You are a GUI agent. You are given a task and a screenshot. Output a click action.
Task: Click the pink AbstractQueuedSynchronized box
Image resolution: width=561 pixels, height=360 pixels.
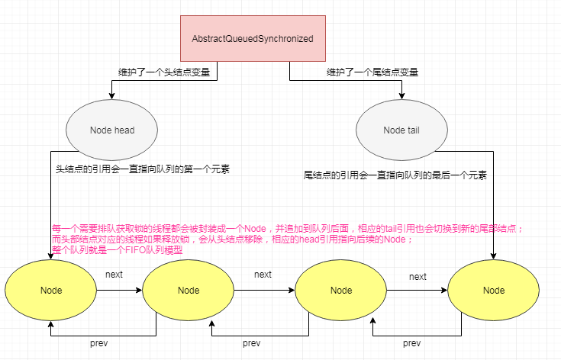point(253,38)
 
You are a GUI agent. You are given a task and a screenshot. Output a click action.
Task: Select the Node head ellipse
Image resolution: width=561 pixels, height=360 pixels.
point(111,130)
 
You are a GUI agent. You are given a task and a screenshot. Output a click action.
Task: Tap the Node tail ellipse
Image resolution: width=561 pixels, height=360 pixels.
point(401,130)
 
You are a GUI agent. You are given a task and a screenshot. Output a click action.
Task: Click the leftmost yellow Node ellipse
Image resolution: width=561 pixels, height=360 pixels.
point(50,291)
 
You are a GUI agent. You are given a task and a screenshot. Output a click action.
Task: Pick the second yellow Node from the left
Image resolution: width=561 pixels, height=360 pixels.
point(188,291)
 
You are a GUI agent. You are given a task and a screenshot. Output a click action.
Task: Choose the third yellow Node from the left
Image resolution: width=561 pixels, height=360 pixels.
point(341,291)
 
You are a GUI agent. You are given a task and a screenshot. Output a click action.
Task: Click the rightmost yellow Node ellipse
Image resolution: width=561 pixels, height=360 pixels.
point(493,291)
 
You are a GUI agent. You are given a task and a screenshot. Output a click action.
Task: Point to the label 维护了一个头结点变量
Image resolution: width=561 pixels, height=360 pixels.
point(163,72)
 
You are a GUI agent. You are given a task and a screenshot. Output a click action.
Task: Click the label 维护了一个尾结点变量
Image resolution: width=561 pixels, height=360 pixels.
point(372,72)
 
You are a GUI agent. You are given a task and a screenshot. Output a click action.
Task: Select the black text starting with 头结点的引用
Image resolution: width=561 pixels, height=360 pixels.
point(143,169)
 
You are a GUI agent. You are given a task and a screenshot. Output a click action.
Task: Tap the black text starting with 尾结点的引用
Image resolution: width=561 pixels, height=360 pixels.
point(395,175)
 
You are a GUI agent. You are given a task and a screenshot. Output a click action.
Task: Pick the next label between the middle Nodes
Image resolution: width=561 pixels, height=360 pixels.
point(263,275)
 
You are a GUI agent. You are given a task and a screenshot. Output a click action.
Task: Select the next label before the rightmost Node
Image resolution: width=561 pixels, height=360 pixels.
point(418,277)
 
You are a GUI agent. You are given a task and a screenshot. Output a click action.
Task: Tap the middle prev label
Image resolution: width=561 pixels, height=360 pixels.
point(251,343)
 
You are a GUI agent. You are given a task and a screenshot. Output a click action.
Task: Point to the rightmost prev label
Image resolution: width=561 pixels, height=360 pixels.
point(412,343)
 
